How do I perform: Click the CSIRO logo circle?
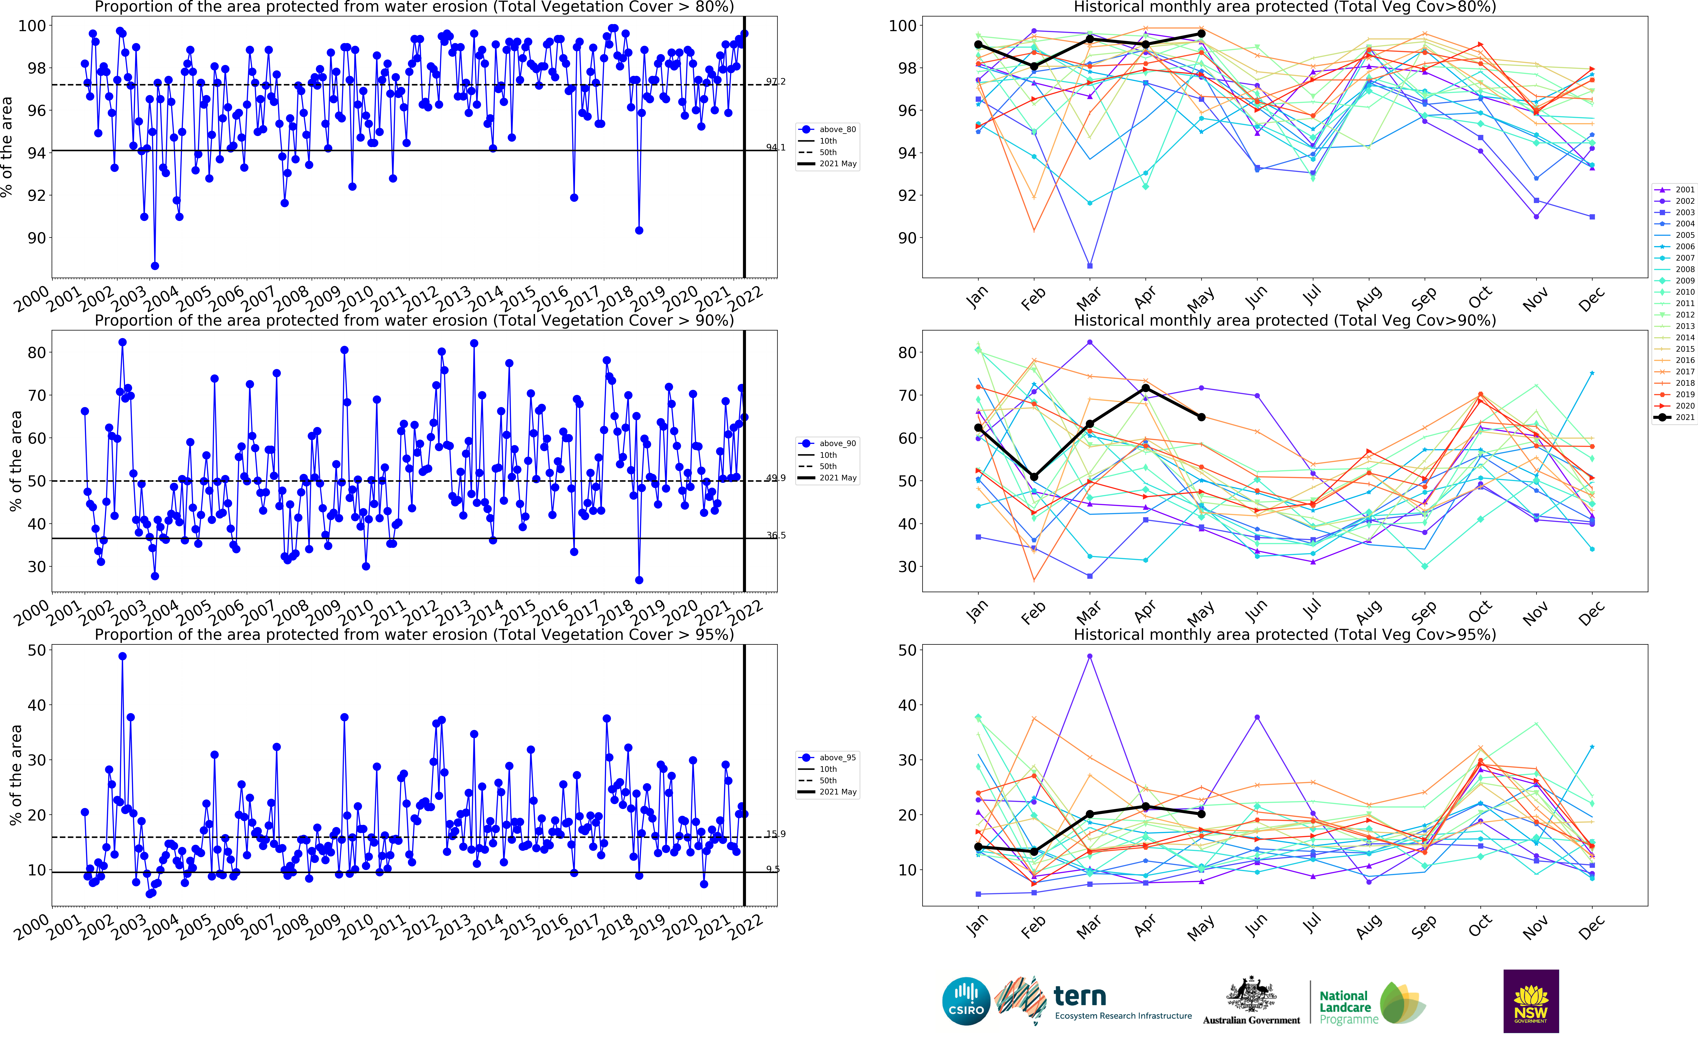pyautogui.click(x=966, y=1001)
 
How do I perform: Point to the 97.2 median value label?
pyautogui.click(x=776, y=82)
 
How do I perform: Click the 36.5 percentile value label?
pyautogui.click(x=776, y=535)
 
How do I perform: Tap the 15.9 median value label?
pyautogui.click(x=776, y=834)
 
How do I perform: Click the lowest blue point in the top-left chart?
pyautogui.click(x=155, y=266)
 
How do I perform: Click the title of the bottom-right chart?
pyautogui.click(x=1284, y=634)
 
